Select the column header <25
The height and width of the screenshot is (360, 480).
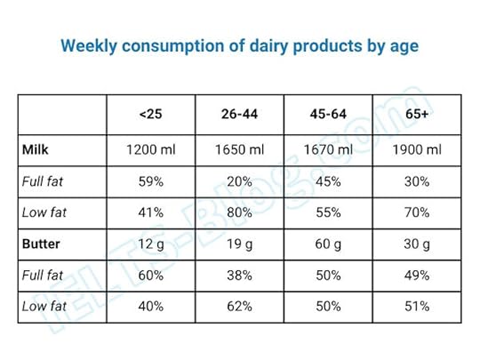[x=151, y=114]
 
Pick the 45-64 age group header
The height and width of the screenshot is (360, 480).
[x=327, y=114]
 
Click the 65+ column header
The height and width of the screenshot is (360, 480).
[x=415, y=114]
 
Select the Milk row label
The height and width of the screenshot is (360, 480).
[x=36, y=149]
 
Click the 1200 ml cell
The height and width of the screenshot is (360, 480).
[x=151, y=149]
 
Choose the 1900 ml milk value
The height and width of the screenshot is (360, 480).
[x=415, y=149]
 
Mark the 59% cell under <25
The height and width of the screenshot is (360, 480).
[x=151, y=181]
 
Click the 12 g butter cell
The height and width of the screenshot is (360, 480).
[x=151, y=244]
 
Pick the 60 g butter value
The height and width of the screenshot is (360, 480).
[x=327, y=244]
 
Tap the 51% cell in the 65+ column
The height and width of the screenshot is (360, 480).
[x=415, y=306]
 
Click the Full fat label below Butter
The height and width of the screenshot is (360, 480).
[x=43, y=275]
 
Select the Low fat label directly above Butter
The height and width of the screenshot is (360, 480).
[x=43, y=212]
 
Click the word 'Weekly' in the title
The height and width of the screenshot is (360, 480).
[x=86, y=44]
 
